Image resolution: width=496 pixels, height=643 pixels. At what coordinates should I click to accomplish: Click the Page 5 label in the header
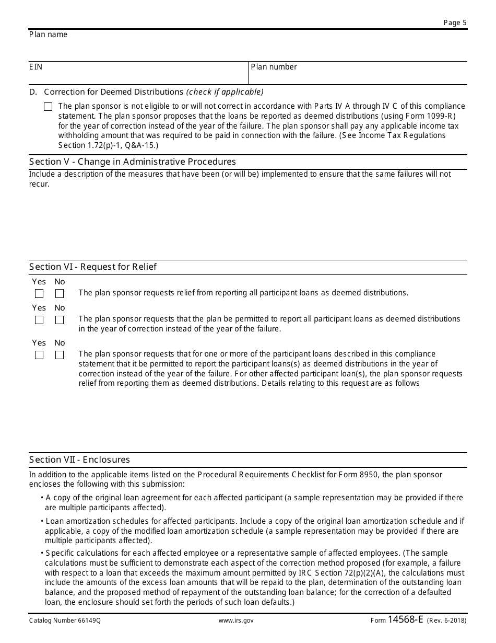[455, 22]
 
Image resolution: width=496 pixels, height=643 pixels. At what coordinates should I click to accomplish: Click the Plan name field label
[48, 35]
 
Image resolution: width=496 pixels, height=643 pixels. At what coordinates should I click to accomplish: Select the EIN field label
[36, 67]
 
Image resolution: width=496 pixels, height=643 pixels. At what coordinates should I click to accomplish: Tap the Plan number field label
[274, 67]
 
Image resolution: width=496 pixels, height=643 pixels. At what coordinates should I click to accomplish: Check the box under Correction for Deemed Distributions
[48, 107]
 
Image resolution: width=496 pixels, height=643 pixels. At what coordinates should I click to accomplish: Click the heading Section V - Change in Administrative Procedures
[133, 162]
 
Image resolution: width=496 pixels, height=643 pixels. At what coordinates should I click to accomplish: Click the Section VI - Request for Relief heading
[93, 267]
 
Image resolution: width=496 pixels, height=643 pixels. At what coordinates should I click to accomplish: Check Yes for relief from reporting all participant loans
[39, 294]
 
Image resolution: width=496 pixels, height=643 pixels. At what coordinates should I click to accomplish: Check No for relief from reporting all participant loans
[60, 294]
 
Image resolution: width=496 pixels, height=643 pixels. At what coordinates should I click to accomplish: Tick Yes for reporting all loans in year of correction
[39, 320]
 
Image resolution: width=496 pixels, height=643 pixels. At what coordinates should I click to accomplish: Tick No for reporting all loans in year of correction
[60, 320]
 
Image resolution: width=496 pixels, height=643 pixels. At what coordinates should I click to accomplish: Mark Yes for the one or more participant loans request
[39, 355]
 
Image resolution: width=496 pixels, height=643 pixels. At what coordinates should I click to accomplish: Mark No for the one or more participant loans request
[60, 355]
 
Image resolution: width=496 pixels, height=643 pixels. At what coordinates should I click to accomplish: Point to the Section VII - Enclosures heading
[79, 460]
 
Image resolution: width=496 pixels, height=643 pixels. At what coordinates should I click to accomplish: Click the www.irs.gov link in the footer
[236, 621]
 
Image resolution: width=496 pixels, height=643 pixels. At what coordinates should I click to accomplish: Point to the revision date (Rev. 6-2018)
[446, 621]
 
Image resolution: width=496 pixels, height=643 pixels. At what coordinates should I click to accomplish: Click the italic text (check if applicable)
[225, 92]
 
